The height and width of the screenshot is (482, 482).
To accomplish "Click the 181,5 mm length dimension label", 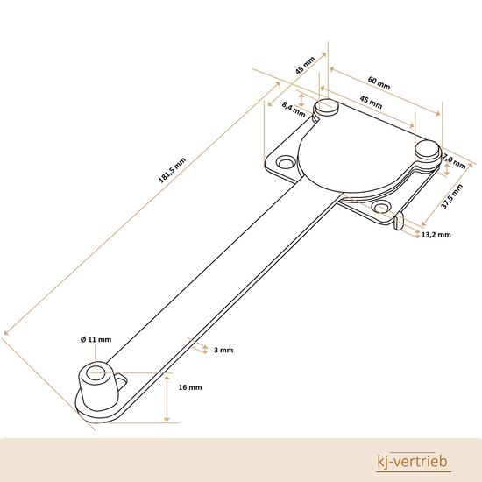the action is point(172,170).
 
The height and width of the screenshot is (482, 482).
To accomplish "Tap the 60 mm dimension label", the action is point(379,83).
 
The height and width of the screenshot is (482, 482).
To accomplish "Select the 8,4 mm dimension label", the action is point(294,110).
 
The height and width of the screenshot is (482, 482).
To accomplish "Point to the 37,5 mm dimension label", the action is point(452,196).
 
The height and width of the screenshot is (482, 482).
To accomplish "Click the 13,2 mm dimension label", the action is point(436,235).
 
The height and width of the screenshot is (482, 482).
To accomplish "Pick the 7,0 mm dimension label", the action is point(454,162).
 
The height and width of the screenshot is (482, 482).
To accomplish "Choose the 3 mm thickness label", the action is point(223,351).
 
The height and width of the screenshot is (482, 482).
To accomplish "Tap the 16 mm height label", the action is point(190,387).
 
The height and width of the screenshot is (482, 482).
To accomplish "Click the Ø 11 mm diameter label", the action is point(96,340).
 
